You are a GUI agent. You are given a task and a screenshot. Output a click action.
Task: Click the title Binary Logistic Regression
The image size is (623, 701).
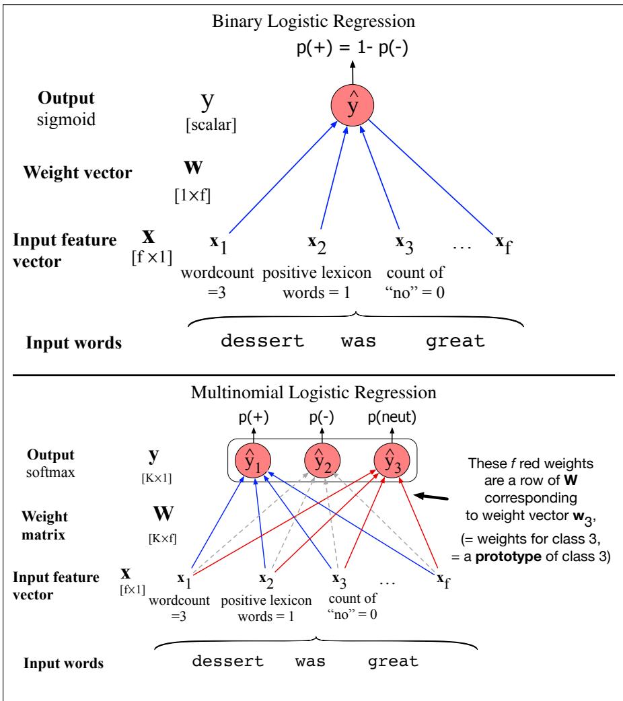[313, 22]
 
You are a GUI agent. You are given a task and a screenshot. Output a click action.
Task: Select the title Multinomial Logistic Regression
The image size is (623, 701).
[314, 392]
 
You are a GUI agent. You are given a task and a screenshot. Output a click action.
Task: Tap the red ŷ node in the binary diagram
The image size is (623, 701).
[353, 105]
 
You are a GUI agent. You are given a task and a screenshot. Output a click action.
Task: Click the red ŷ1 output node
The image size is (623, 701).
[253, 461]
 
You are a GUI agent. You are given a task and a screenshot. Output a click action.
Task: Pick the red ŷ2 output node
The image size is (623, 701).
[322, 461]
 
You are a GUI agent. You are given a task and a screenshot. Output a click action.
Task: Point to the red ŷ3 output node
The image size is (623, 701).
[392, 461]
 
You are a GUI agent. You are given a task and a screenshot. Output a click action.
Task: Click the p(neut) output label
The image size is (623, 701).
[392, 417]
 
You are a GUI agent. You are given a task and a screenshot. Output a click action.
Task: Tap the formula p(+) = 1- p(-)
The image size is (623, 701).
[353, 48]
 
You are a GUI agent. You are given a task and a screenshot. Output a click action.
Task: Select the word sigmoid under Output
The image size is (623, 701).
[66, 120]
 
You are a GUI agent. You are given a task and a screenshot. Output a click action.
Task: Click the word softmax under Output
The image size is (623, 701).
[50, 472]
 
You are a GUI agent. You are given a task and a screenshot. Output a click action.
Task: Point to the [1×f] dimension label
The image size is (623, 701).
[192, 195]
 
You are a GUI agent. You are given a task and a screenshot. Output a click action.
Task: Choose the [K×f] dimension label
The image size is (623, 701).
[162, 538]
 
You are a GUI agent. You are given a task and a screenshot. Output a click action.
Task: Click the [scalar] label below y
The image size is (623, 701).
[211, 124]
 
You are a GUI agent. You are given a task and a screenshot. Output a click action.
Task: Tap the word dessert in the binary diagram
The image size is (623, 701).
[262, 341]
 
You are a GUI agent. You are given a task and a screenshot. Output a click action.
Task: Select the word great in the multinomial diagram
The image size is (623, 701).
[393, 661]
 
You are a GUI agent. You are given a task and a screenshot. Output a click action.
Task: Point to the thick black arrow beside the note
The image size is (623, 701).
[431, 496]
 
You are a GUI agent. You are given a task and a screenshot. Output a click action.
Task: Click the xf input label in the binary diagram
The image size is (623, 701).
[504, 244]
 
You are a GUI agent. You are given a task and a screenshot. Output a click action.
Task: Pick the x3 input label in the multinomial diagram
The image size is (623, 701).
[340, 581]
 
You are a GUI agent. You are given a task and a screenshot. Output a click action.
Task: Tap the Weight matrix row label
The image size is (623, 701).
[44, 525]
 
